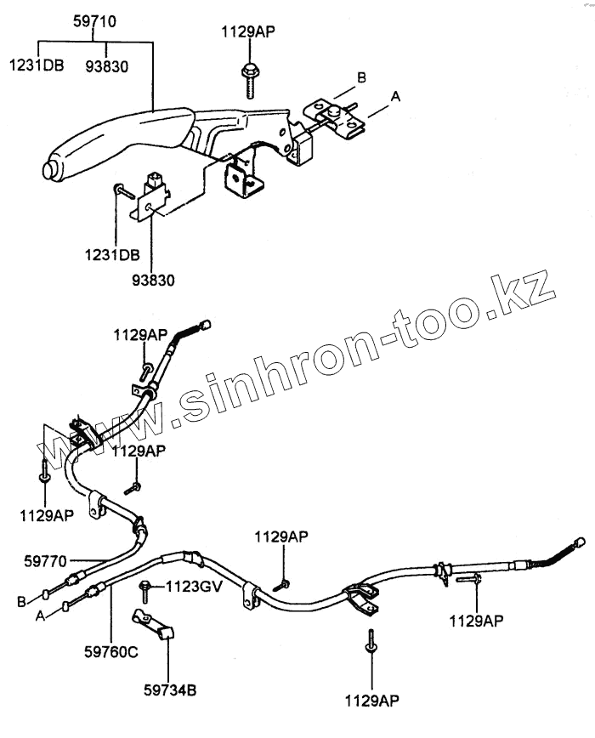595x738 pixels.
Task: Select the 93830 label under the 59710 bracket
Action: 107,65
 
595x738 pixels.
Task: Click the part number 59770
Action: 46,560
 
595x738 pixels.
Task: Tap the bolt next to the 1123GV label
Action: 146,587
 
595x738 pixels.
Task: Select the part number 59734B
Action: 168,690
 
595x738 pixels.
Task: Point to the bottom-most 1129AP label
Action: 371,700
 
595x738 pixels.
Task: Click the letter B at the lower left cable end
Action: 21,601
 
